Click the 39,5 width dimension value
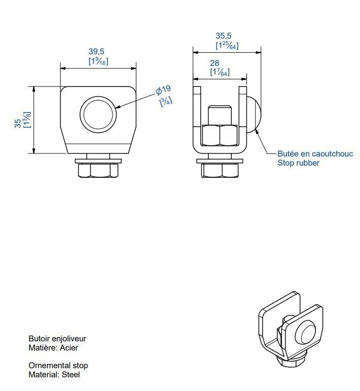click(x=96, y=51)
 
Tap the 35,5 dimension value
click(x=224, y=35)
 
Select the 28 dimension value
click(x=214, y=63)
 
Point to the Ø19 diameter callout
click(x=163, y=90)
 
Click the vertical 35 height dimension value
click(x=18, y=123)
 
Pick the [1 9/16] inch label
click(x=98, y=61)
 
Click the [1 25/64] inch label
click(x=227, y=46)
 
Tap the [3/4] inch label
click(x=166, y=101)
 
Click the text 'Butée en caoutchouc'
click(x=315, y=153)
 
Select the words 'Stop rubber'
click(x=298, y=163)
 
